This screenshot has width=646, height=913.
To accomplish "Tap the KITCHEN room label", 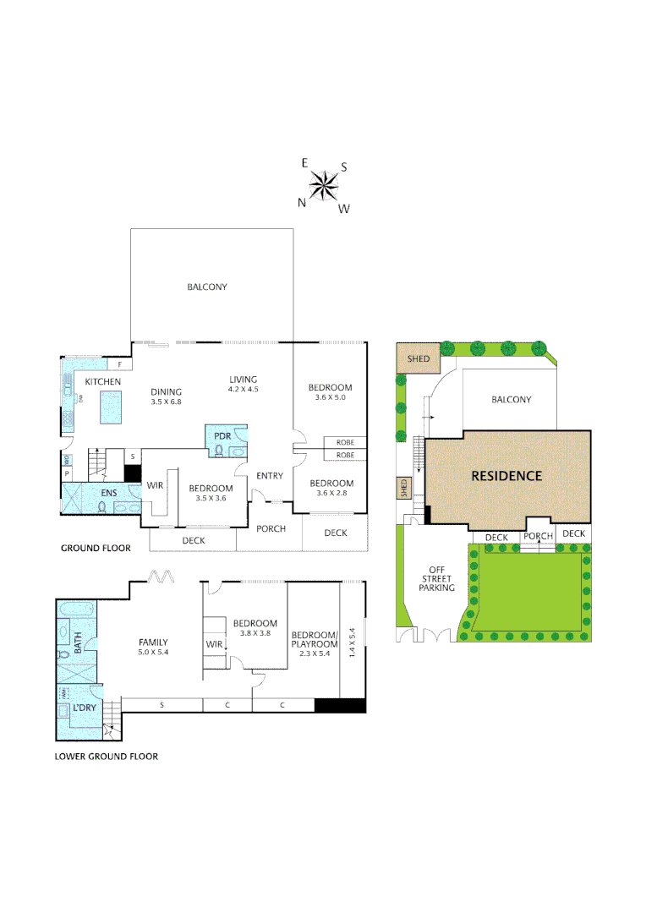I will [x=103, y=382].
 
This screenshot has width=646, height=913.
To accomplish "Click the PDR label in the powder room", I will [x=222, y=435].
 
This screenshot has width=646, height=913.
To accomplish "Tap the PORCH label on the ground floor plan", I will [x=271, y=529].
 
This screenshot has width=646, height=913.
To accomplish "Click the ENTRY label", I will [x=270, y=476].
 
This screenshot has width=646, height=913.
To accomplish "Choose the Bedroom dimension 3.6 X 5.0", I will [x=330, y=397].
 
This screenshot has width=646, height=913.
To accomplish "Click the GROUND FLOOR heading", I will [x=96, y=549].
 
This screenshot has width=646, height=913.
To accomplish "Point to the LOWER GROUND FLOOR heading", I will [x=107, y=757].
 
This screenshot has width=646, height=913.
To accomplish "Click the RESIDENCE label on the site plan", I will [x=506, y=476].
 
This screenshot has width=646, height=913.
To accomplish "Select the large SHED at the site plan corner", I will [x=419, y=359].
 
